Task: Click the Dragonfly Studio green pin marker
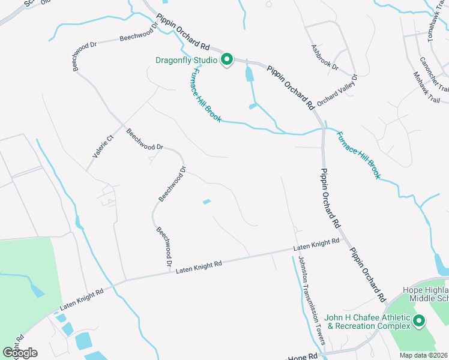tap(227, 59)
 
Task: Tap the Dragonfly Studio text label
tap(187, 60)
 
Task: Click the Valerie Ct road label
tap(103, 146)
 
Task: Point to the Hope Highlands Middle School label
tap(426, 294)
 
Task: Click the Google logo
tap(19, 352)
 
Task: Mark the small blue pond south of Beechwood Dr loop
tap(207, 202)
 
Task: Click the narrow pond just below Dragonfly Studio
tap(249, 74)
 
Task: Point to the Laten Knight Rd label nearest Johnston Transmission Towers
tap(316, 245)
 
